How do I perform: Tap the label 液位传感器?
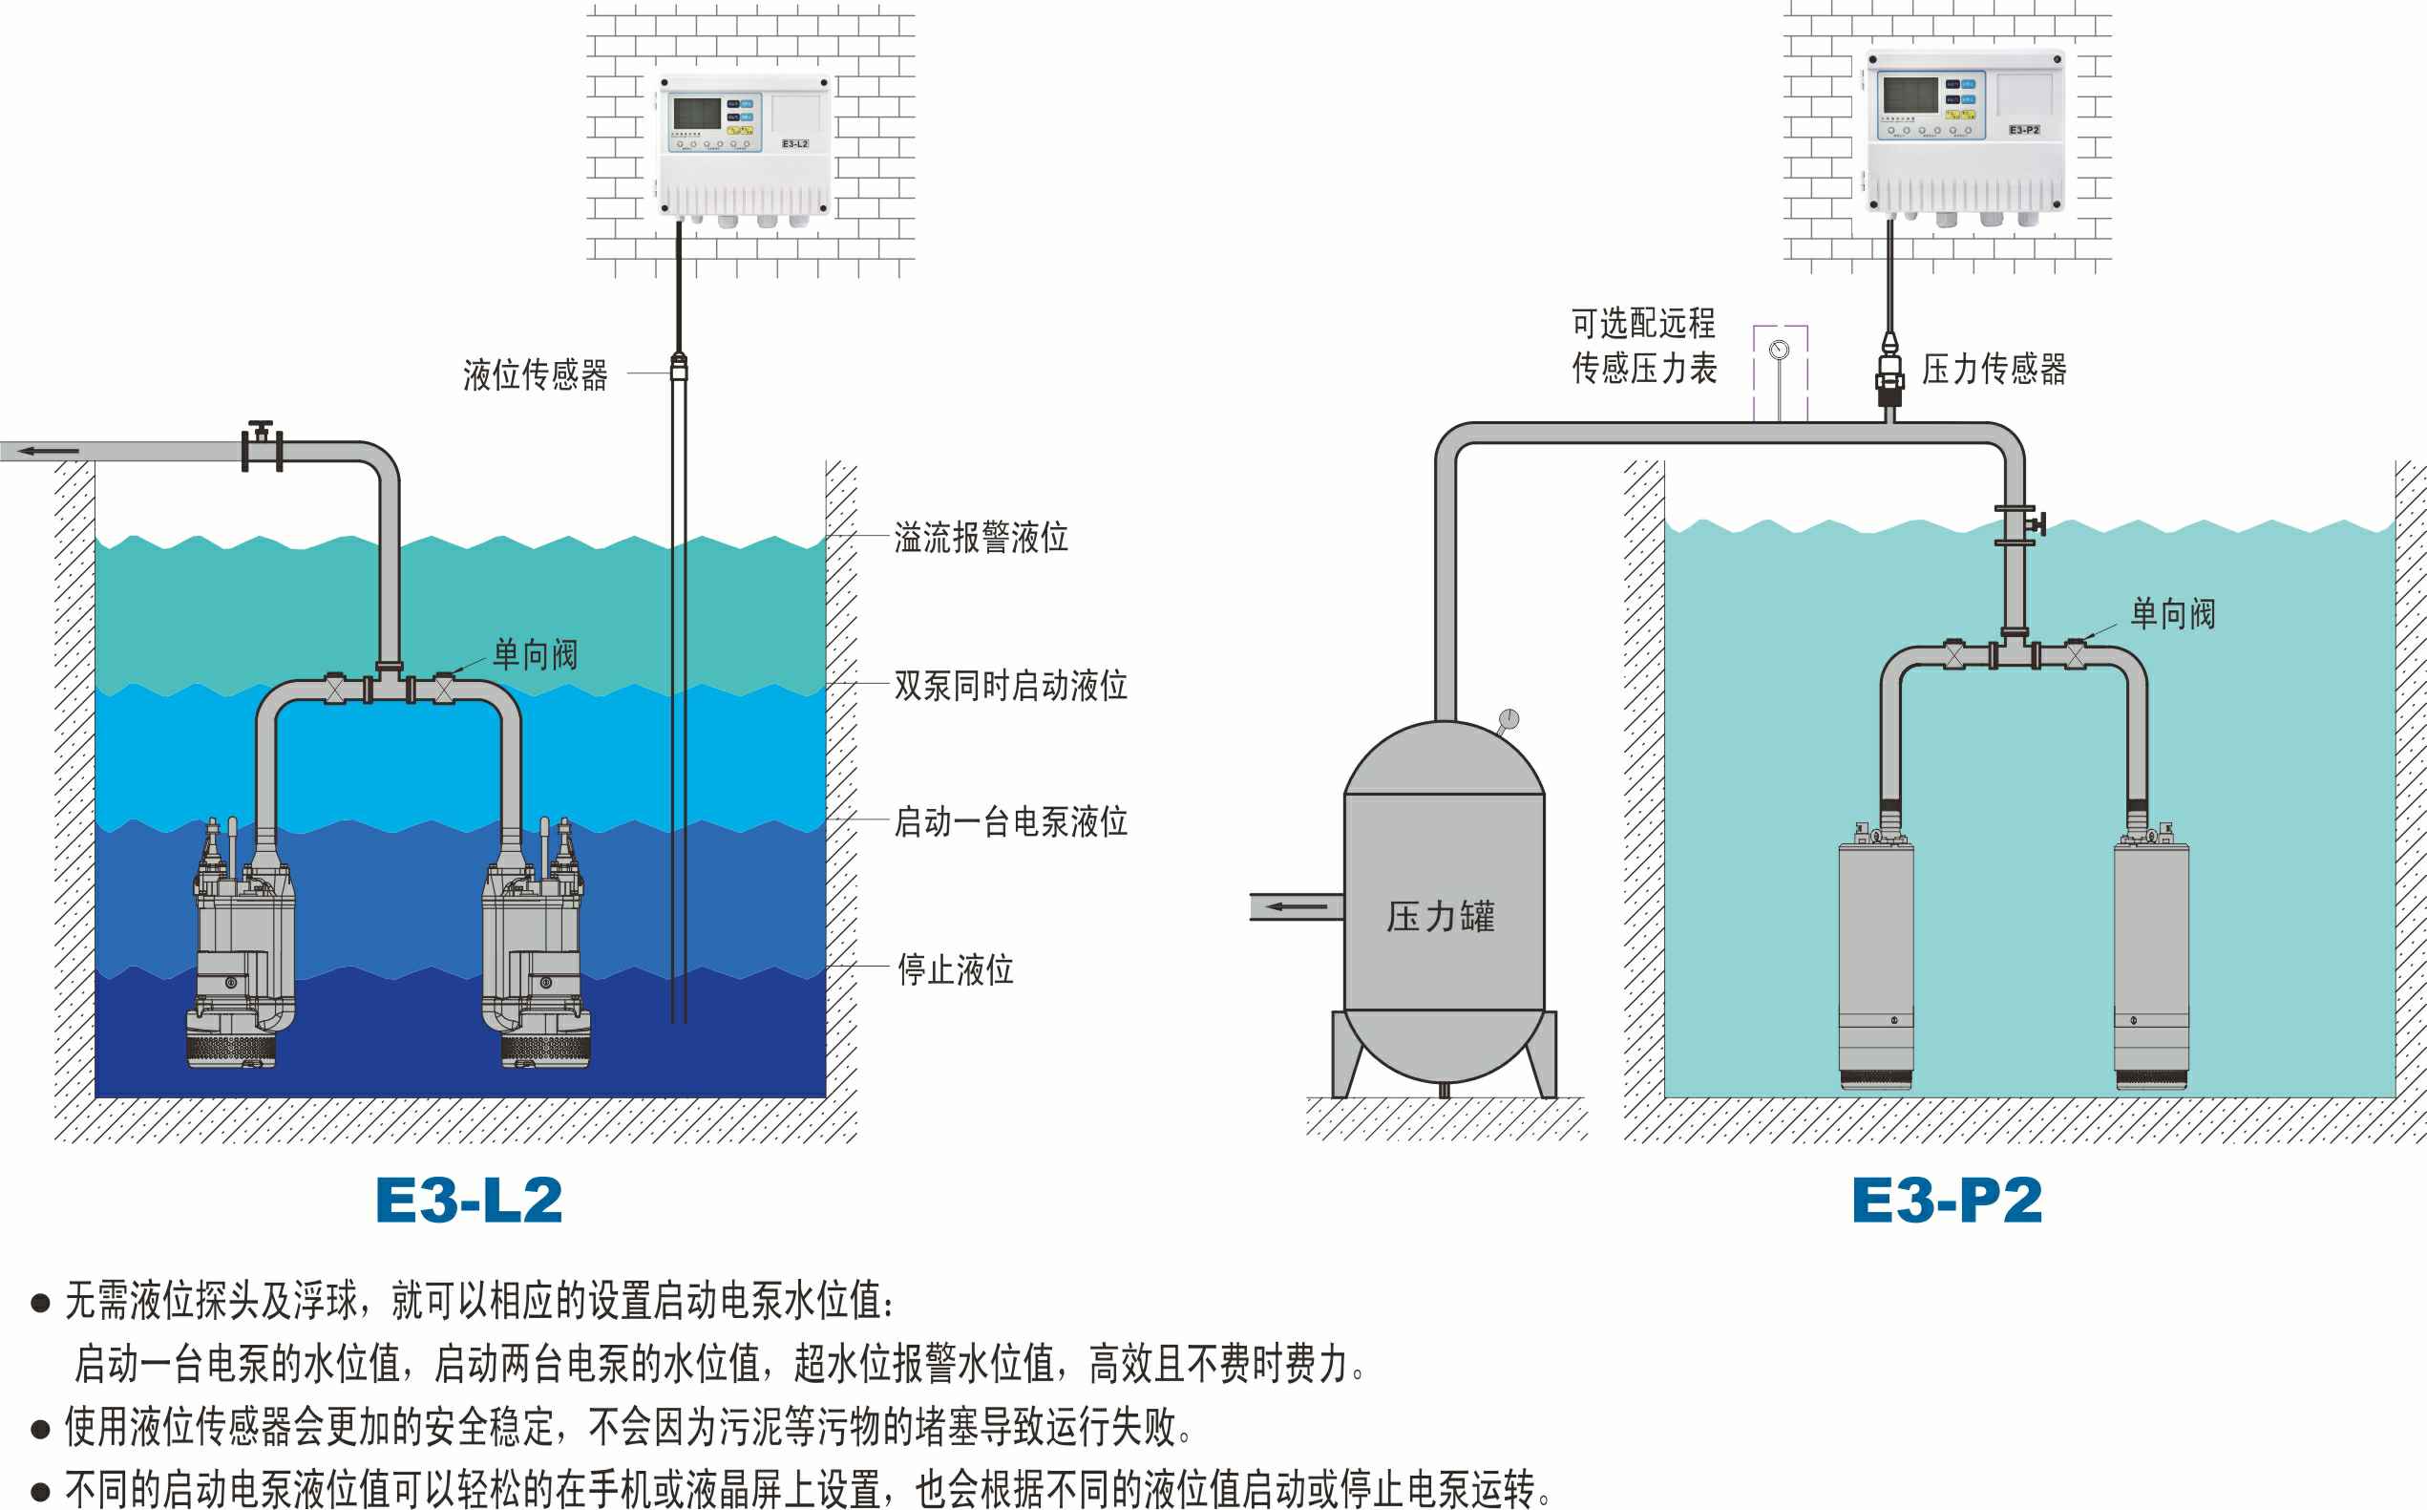point(535,374)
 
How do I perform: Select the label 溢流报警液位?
point(981,538)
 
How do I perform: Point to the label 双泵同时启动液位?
point(1010,685)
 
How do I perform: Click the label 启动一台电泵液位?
point(1010,821)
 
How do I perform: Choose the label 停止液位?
point(956,968)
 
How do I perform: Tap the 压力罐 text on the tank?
point(1441,916)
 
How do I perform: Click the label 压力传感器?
point(1994,369)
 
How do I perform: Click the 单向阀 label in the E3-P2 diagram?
point(2173,613)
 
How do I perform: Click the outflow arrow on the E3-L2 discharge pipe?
point(50,452)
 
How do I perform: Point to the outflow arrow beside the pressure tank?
point(1297,906)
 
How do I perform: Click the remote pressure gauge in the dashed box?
point(1779,351)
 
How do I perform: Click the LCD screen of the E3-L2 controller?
point(697,114)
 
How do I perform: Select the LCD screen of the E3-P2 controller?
point(1909,95)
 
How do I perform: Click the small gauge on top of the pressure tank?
point(1509,719)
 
